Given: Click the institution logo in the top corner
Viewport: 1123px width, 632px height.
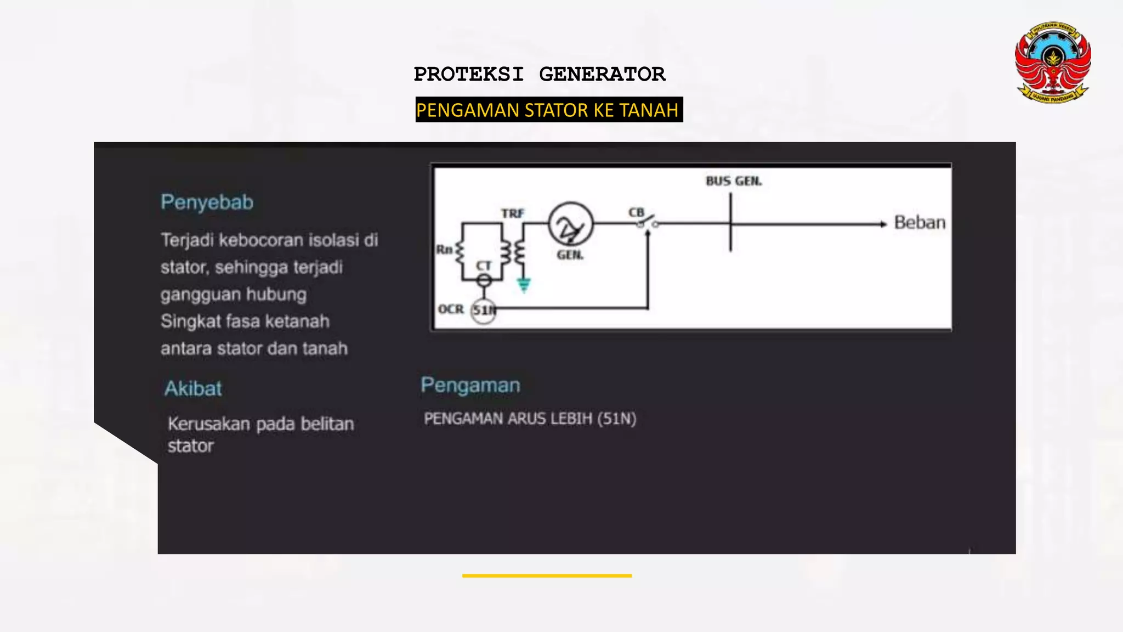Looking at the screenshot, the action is click(x=1052, y=62).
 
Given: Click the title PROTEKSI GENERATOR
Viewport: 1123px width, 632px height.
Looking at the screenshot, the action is click(x=540, y=74).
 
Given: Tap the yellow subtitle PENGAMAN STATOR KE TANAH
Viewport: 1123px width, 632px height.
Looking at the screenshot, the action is click(x=548, y=110).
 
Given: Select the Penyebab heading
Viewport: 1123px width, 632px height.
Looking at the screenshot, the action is click(x=207, y=202).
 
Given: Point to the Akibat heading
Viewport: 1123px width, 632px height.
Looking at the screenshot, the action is click(x=193, y=388).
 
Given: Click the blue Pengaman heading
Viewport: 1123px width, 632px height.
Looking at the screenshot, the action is click(x=470, y=385).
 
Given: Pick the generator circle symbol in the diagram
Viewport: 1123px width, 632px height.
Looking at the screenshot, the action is click(x=570, y=224).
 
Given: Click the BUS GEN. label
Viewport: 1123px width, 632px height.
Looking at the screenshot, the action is click(x=734, y=181).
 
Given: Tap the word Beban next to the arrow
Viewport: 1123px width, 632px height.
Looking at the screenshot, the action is click(x=920, y=223).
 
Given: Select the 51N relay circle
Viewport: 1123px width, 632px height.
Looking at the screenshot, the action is click(x=484, y=311).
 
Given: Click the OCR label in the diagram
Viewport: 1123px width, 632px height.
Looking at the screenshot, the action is click(x=451, y=309).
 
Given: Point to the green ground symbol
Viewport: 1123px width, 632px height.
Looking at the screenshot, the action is click(x=524, y=285).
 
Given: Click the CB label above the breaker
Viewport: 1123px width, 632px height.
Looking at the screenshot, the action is click(x=636, y=212).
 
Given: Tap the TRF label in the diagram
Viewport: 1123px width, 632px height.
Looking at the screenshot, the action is click(x=512, y=213).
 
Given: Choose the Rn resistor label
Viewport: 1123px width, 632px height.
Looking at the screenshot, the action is click(x=444, y=250).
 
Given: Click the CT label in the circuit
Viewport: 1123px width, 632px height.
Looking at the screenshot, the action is click(x=483, y=266).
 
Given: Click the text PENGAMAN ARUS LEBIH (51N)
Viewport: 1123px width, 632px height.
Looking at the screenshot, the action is click(x=530, y=419).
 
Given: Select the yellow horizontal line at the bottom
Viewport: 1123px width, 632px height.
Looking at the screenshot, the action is click(x=547, y=575).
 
